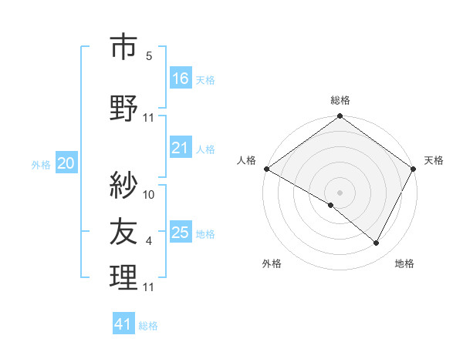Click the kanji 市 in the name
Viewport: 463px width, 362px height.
(x=123, y=47)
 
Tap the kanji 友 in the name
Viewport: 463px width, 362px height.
(x=123, y=230)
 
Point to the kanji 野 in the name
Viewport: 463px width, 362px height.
(x=123, y=109)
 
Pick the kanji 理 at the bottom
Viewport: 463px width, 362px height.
(x=123, y=277)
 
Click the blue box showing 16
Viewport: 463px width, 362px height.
(x=181, y=79)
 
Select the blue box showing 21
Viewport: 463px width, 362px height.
(x=181, y=148)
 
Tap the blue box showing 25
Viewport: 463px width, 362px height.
(x=181, y=233)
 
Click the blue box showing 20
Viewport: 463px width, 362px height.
(x=66, y=163)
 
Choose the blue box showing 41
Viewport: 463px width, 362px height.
(x=123, y=324)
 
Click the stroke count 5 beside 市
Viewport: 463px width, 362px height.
(x=149, y=56)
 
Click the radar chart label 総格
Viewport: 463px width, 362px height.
(x=340, y=101)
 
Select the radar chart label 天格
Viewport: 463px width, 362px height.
(x=434, y=160)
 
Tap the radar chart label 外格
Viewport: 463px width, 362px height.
(x=272, y=263)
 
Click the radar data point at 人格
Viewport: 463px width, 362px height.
(x=266, y=169)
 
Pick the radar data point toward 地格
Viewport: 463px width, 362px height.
(x=377, y=243)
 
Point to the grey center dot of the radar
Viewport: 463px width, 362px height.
(x=340, y=192)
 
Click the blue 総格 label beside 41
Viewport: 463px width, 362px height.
(x=148, y=326)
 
